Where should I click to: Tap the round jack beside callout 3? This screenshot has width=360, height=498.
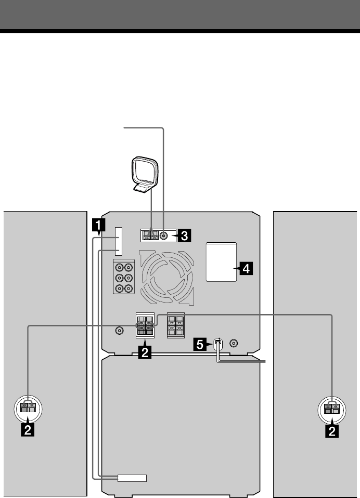[164, 235]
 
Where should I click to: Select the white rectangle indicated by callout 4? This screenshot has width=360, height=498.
[221, 262]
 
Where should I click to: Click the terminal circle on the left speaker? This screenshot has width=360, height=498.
[27, 407]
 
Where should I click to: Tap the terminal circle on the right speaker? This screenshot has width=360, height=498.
[330, 407]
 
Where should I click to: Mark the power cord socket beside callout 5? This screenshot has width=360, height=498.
[218, 344]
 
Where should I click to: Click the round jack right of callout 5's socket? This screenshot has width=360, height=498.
[234, 344]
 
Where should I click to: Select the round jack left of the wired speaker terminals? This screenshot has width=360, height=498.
[119, 330]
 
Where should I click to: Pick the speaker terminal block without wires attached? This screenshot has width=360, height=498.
[175, 326]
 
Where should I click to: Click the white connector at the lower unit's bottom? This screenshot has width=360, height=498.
[132, 478]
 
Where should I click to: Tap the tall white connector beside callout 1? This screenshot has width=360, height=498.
[119, 241]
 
